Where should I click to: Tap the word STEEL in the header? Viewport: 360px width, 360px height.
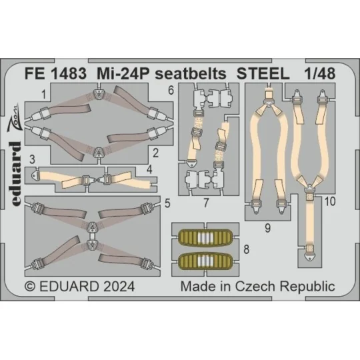coord(270,76)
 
